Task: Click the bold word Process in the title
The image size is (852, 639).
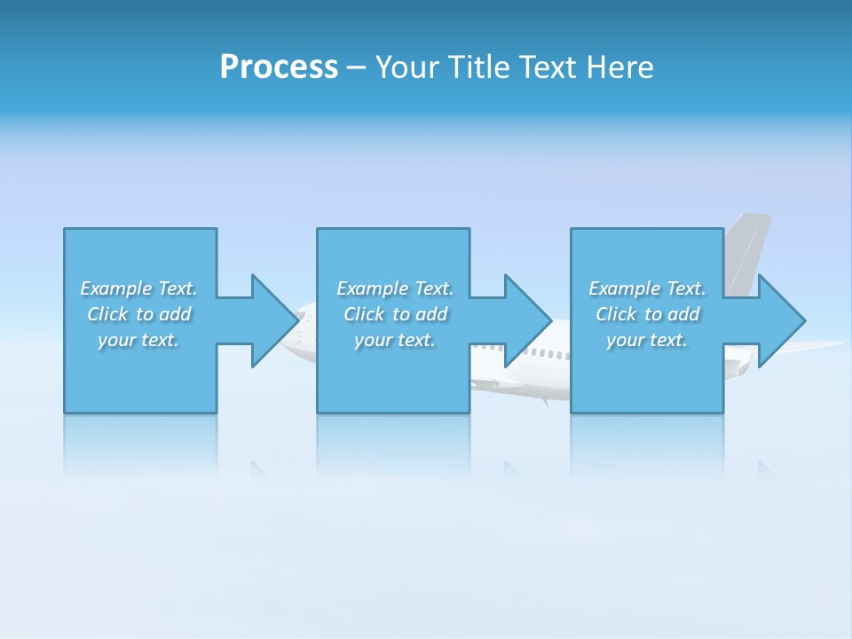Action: point(279,67)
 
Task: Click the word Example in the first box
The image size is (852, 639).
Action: point(115,288)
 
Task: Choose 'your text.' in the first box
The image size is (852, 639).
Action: point(138,340)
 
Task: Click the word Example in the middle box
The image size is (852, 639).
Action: point(372,288)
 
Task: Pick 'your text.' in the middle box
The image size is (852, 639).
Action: point(395,340)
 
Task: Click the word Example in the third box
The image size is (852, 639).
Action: point(624,288)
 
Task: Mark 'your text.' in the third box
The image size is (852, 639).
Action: point(647,340)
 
